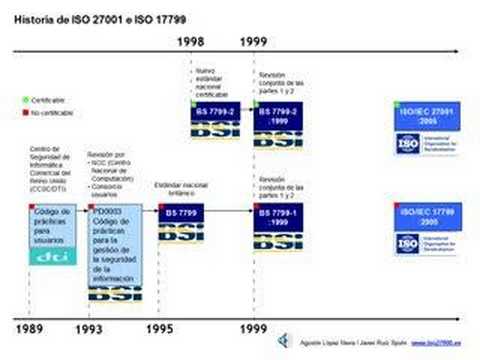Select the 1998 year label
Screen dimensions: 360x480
click(193, 43)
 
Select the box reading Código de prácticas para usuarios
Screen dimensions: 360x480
click(51, 226)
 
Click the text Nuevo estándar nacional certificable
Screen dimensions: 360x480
click(212, 81)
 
